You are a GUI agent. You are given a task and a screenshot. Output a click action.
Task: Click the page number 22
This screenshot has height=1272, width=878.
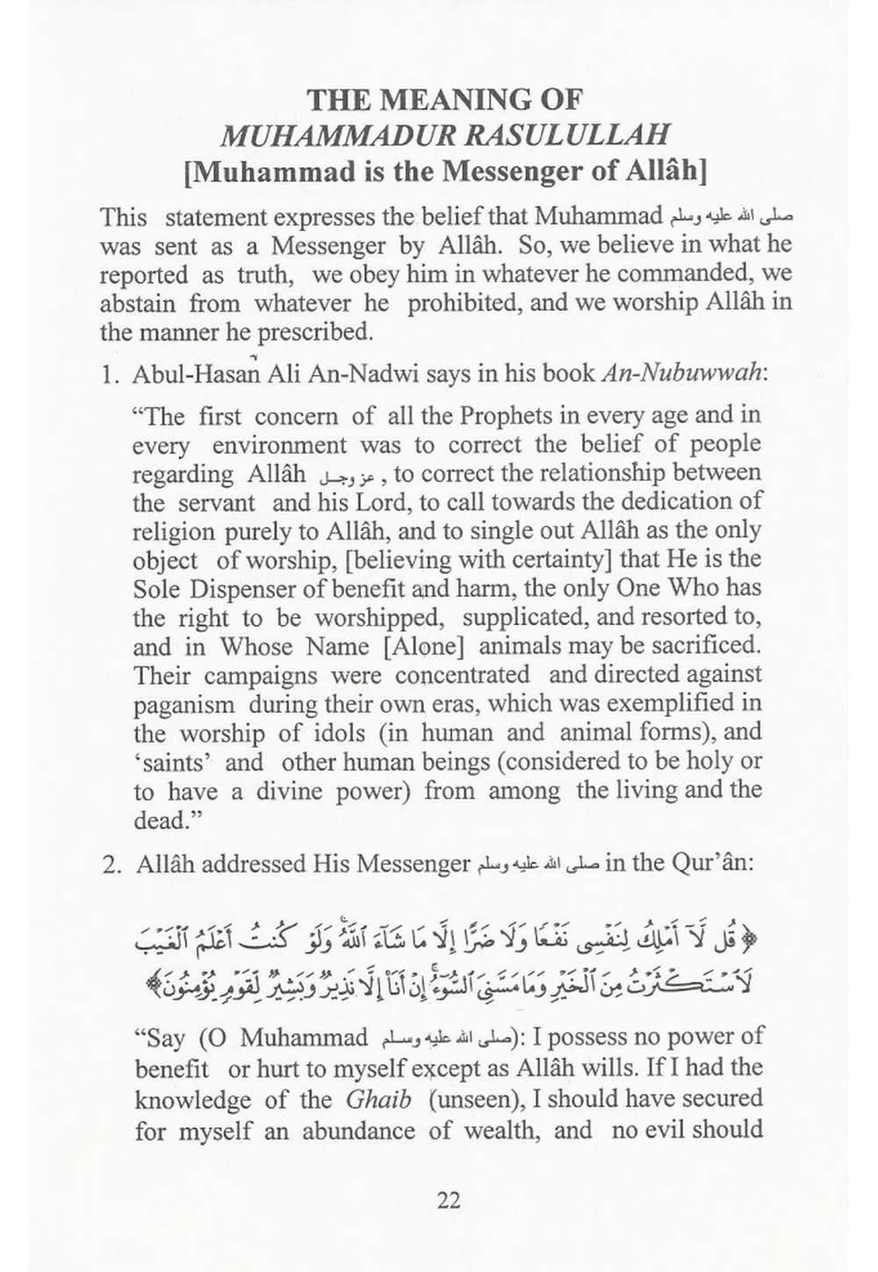[448, 1199]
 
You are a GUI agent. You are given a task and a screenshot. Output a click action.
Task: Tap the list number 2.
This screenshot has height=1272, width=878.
[110, 864]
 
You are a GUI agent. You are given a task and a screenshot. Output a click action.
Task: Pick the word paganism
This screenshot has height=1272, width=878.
[184, 703]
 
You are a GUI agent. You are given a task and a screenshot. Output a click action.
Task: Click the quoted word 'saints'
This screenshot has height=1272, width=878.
[169, 761]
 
